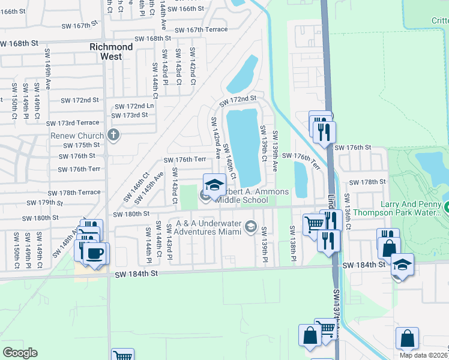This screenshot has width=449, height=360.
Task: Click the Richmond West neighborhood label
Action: tap(111, 52)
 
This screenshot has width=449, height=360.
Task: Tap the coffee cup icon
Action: tap(95, 252)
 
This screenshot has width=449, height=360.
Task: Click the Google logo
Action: tap(20, 353)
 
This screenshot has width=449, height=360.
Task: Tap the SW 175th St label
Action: tap(83, 145)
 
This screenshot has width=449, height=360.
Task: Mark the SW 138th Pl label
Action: tap(292, 238)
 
